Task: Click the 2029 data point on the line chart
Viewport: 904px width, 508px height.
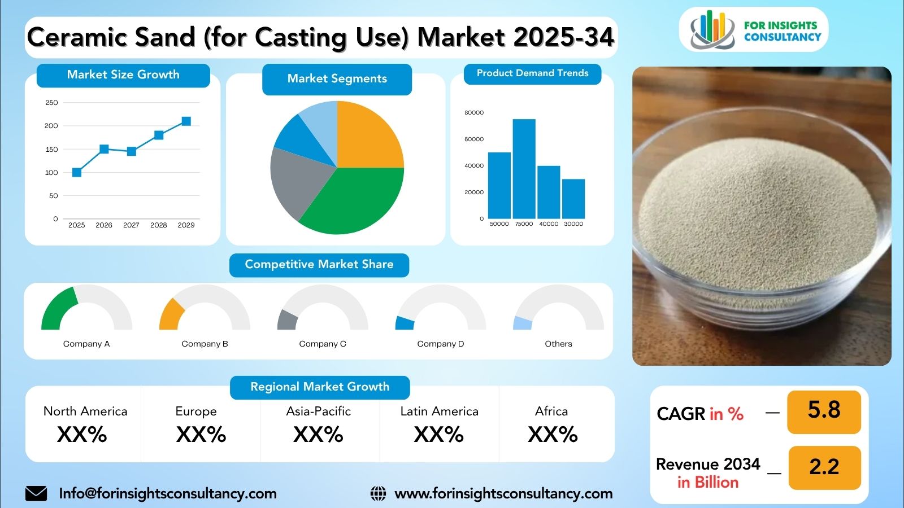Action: tap(186, 121)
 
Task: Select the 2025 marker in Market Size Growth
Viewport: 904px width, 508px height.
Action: tap(77, 172)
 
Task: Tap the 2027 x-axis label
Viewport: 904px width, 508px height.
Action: tap(131, 225)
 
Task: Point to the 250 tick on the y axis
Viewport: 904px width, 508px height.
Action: tap(51, 103)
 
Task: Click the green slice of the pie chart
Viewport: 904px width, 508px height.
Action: tap(356, 200)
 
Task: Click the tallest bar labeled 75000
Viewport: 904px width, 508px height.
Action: tap(524, 169)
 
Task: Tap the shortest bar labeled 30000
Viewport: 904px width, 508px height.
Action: tap(573, 199)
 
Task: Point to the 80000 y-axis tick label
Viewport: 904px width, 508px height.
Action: tap(474, 113)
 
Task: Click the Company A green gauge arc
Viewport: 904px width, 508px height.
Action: tap(56, 308)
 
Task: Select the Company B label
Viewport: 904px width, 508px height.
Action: tap(205, 344)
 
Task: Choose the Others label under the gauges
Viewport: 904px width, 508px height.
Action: tap(558, 344)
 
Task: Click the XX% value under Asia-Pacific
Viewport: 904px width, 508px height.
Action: tap(318, 435)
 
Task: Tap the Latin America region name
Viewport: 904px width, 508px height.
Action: tap(439, 411)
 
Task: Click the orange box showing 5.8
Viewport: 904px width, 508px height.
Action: tap(824, 410)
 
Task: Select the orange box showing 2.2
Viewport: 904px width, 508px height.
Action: tap(824, 467)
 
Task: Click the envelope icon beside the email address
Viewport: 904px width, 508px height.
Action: tap(36, 493)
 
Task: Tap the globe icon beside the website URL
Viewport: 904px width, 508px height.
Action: tap(378, 493)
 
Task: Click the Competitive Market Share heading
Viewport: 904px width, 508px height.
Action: tap(319, 265)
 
